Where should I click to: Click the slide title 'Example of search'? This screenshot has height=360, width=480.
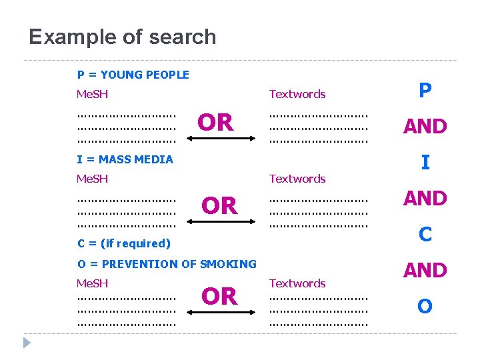click(123, 37)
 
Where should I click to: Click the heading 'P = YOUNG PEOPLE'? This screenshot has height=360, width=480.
click(133, 75)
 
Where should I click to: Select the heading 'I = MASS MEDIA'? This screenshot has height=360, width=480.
click(125, 159)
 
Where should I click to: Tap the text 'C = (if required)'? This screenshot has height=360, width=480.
click(124, 243)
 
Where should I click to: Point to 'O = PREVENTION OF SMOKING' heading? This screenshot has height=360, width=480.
click(167, 263)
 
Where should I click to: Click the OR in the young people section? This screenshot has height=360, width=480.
click(215, 123)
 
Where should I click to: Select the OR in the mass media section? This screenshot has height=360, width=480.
click(219, 206)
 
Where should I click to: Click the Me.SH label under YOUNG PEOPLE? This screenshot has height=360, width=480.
click(93, 94)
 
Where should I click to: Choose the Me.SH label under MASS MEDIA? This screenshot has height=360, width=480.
click(93, 178)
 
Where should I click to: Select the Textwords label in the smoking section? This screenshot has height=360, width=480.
click(297, 283)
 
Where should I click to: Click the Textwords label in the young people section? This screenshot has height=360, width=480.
click(297, 94)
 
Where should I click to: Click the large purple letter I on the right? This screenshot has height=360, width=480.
click(425, 162)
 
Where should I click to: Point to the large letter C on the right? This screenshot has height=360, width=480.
click(425, 234)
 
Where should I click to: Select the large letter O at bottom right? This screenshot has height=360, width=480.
click(425, 306)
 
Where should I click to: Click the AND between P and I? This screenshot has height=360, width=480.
click(425, 126)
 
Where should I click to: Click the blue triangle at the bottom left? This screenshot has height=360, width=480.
click(27, 343)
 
